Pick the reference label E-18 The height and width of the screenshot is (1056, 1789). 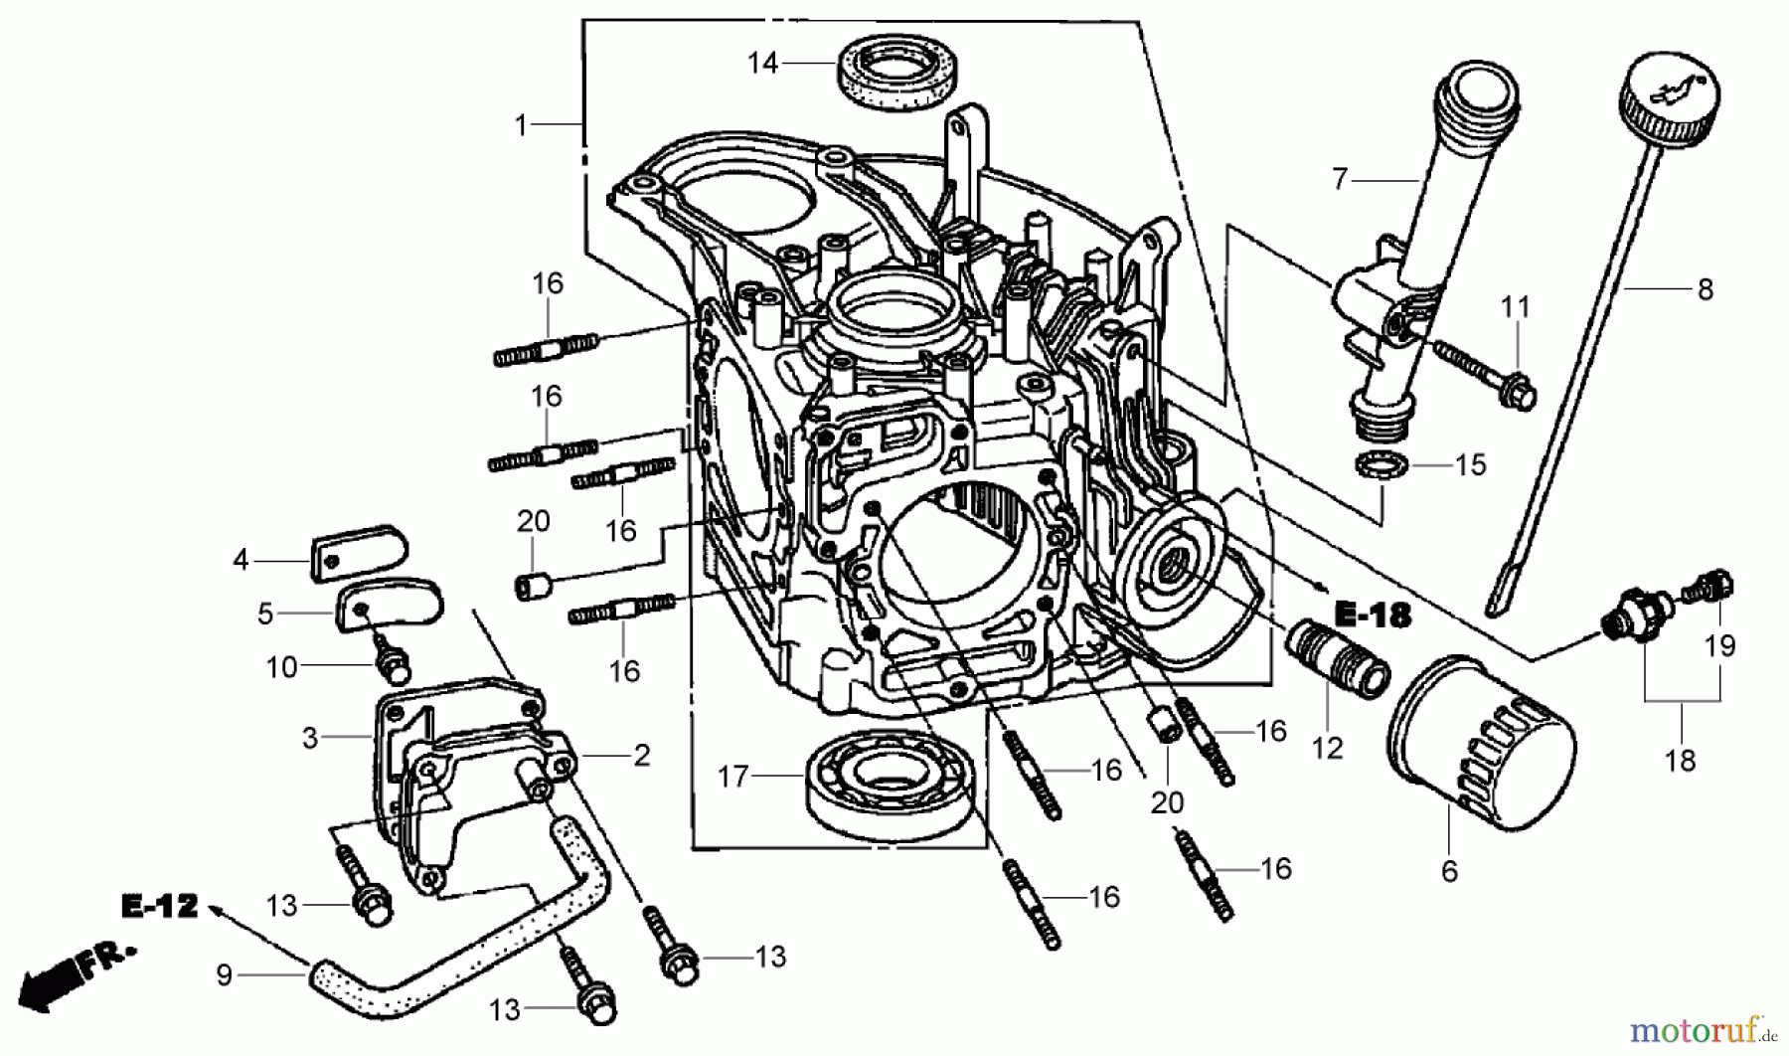pyautogui.click(x=1372, y=616)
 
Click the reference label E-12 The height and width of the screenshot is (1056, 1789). pyautogui.click(x=160, y=906)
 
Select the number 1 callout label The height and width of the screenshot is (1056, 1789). pyautogui.click(x=521, y=125)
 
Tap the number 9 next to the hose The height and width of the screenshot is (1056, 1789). pyautogui.click(x=225, y=975)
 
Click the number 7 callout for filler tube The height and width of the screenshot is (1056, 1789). pyautogui.click(x=1340, y=180)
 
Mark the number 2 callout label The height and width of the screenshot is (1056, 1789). pyautogui.click(x=642, y=756)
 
